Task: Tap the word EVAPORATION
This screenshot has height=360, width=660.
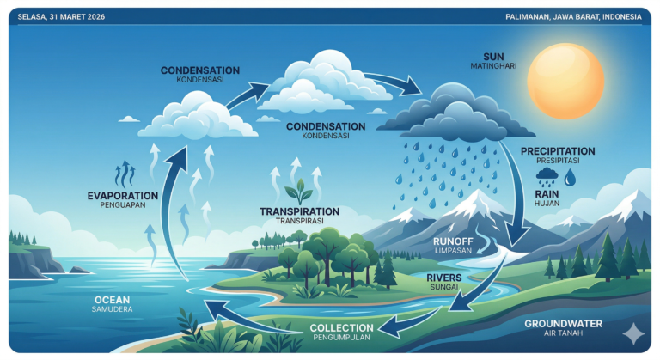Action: [x=123, y=196]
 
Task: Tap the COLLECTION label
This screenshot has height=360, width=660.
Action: [x=341, y=327]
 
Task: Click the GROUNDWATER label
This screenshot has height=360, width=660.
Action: [x=562, y=324]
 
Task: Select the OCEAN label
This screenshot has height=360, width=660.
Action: [x=113, y=299]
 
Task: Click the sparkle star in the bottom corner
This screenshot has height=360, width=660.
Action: [x=632, y=334]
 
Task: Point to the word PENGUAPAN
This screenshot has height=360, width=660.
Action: [x=123, y=206]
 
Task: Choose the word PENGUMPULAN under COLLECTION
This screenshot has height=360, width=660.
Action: [x=341, y=339]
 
